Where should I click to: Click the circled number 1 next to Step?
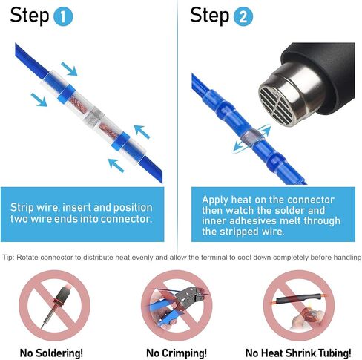click(x=63, y=16)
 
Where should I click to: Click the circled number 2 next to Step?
click(x=243, y=16)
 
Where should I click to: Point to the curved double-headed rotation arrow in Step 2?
click(x=251, y=139)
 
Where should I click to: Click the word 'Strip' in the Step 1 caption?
click(x=22, y=208)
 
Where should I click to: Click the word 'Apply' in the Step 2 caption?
click(x=214, y=200)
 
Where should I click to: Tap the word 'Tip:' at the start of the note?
click(x=8, y=258)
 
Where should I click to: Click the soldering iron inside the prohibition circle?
click(x=57, y=306)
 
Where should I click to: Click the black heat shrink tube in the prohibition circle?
click(x=299, y=298)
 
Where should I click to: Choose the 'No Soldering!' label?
click(x=51, y=353)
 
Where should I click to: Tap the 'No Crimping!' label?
click(x=177, y=353)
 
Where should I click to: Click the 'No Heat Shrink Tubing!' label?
click(x=298, y=353)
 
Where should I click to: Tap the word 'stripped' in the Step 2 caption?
click(x=239, y=232)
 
